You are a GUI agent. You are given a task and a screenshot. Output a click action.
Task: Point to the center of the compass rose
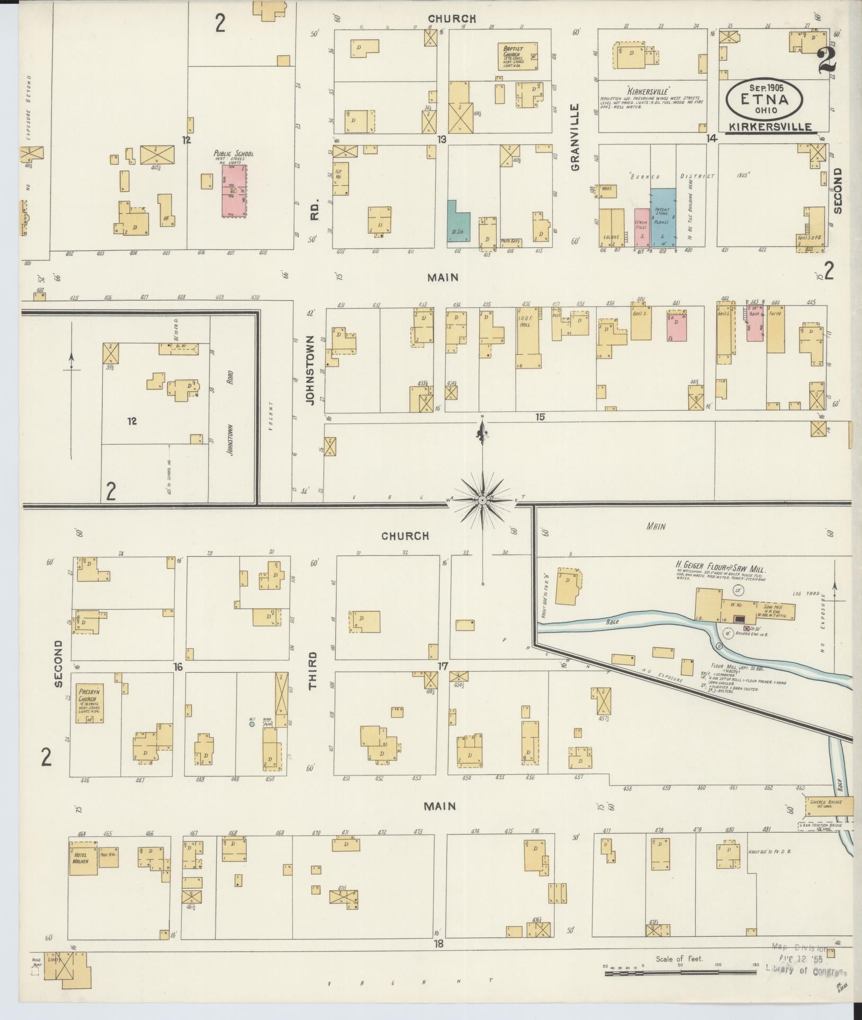pos(482,500)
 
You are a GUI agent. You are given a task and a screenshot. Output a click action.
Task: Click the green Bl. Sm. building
pos(457,221)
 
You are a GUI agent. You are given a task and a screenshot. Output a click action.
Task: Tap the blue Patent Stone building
pos(663,217)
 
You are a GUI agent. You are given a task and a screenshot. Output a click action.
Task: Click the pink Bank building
pos(756,323)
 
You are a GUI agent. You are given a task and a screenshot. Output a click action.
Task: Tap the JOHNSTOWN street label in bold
pos(310,370)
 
